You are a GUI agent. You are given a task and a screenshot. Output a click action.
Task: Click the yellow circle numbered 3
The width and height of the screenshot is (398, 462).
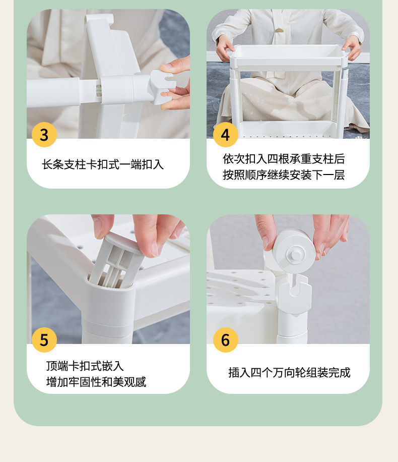[44, 135]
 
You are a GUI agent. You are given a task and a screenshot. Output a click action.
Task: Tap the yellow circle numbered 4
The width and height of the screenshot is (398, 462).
[226, 135]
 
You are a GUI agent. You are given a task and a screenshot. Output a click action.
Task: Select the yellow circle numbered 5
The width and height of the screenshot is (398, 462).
[44, 340]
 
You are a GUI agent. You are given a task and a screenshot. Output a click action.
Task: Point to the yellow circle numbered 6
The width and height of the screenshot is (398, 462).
[226, 340]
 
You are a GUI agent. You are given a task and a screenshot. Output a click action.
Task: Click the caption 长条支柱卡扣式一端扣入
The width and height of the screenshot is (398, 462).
[103, 164]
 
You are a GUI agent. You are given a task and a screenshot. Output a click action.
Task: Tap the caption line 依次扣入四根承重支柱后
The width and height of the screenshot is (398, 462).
[284, 159]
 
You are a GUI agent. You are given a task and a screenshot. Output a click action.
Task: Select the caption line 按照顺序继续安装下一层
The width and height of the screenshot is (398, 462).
[284, 175]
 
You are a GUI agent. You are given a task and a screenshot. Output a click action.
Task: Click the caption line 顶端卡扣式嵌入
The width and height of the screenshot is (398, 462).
[85, 366]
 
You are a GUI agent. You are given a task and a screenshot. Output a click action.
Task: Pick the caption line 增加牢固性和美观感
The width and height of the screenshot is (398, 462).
[96, 382]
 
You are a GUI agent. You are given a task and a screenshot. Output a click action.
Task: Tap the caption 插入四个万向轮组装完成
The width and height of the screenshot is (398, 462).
[289, 372]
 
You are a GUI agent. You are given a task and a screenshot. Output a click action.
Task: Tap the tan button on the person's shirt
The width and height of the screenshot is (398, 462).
[280, 30]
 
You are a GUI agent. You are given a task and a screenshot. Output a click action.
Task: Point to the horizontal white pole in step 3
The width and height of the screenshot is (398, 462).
[88, 91]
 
